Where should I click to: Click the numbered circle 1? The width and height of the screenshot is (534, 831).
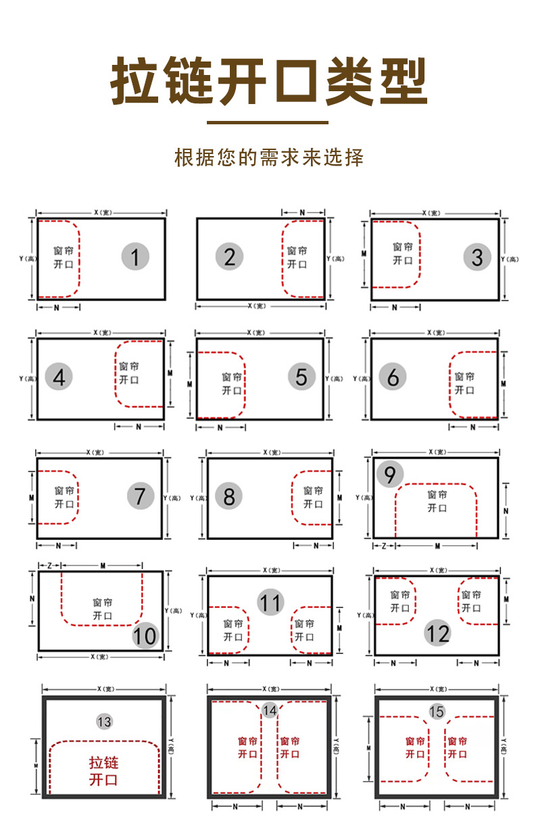[135, 257]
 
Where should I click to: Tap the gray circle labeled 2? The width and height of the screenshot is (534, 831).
[230, 257]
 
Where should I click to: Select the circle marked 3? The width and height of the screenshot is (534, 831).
[477, 257]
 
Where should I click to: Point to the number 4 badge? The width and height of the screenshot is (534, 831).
[59, 377]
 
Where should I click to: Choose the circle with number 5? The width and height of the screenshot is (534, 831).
[301, 377]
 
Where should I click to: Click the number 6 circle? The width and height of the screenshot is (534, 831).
[393, 377]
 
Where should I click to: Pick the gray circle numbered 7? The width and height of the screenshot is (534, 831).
[140, 497]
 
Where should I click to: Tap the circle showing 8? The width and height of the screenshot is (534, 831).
[228, 497]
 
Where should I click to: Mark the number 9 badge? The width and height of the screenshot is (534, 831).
[390, 475]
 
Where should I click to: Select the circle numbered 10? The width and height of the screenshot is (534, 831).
[145, 635]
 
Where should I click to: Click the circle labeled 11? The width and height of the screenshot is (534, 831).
[270, 602]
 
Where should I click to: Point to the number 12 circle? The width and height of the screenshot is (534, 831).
[437, 633]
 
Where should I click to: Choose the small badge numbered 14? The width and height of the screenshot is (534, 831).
[270, 710]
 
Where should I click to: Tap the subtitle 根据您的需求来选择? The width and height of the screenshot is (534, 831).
[268, 157]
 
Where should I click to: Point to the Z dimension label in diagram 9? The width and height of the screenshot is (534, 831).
[384, 545]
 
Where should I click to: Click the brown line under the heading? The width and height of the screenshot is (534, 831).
[267, 123]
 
